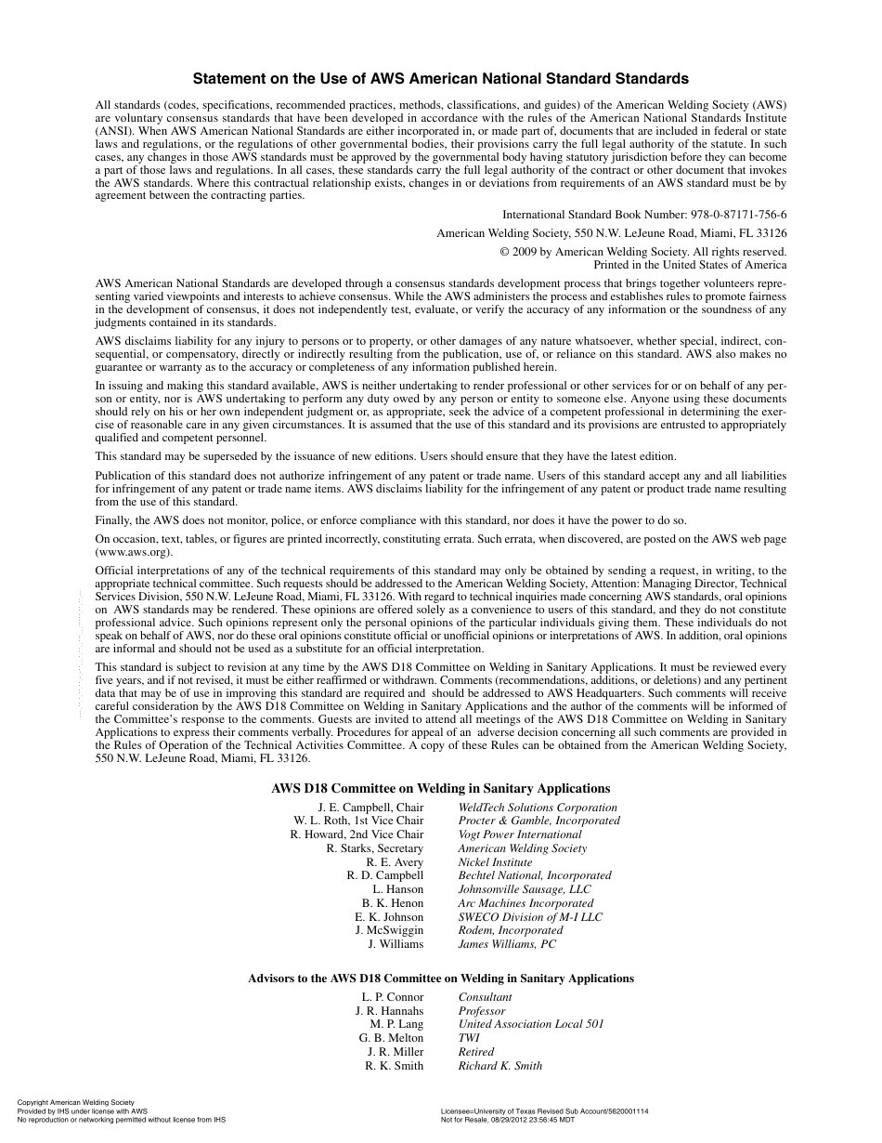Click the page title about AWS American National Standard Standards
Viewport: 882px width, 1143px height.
[x=440, y=79]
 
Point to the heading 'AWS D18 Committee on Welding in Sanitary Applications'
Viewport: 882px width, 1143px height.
[x=440, y=788]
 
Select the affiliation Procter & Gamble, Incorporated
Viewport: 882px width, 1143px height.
[x=538, y=821]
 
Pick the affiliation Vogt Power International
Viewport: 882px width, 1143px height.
[x=520, y=834]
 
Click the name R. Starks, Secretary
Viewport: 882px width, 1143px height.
[x=374, y=848]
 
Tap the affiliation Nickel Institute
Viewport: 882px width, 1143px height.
[x=495, y=862]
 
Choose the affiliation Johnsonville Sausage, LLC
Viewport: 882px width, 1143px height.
[x=525, y=889]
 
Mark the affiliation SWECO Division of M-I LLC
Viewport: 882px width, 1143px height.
[x=530, y=917]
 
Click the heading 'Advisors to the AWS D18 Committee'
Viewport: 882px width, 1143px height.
[x=440, y=979]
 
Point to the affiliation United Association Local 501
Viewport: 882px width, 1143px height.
[x=531, y=1024]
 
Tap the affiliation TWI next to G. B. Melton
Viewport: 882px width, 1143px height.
[x=469, y=1038]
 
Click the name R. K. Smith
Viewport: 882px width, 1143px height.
[x=394, y=1066]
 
